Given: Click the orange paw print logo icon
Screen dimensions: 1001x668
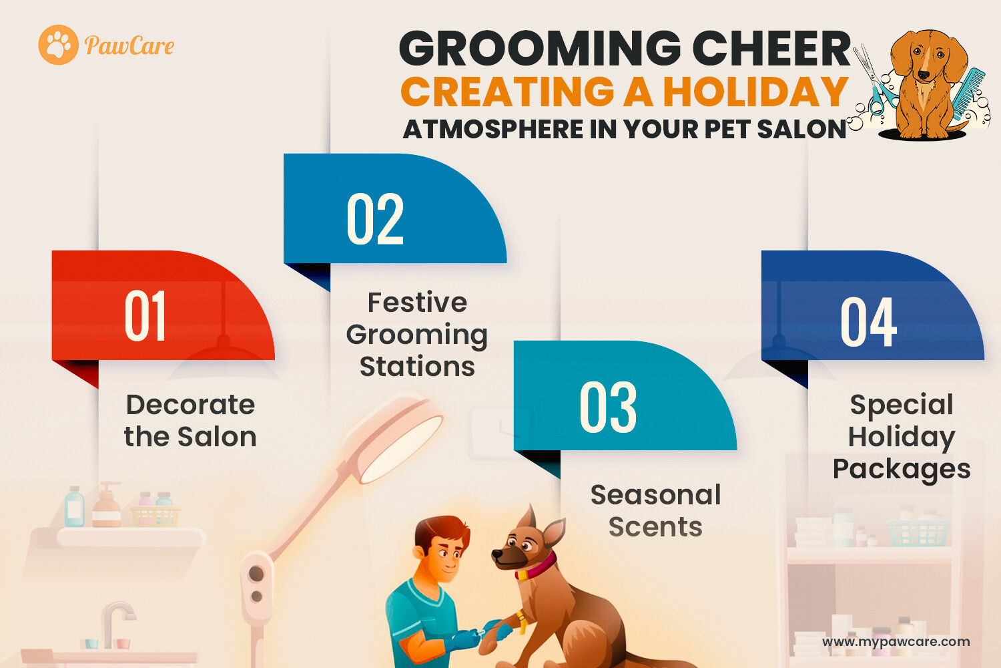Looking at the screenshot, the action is (x=59, y=45).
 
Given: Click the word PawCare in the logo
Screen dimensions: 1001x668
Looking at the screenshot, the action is (x=129, y=45).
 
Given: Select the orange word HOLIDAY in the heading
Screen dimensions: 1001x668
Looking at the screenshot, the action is (x=755, y=92).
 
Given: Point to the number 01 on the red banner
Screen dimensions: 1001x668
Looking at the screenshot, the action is (x=145, y=315).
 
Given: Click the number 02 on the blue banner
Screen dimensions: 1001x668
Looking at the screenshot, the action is (x=375, y=219).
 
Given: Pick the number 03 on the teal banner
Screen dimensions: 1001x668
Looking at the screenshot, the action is (x=608, y=407).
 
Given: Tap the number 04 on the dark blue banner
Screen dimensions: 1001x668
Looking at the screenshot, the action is (x=868, y=322).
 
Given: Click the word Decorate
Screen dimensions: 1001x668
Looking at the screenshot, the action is (x=191, y=404).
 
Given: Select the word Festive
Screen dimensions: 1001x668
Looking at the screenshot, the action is (x=417, y=303).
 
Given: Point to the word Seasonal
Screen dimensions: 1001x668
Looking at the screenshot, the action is (x=655, y=495).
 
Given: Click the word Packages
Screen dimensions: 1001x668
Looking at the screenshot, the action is (x=902, y=470).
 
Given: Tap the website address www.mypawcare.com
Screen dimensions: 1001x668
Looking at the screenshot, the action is (x=896, y=641).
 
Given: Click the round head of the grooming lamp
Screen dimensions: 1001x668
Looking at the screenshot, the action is (x=393, y=438).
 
